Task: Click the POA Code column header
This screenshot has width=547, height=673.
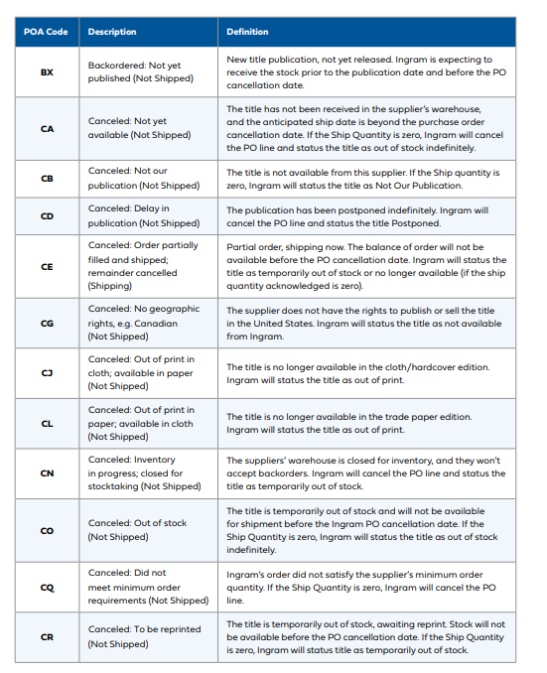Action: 46,32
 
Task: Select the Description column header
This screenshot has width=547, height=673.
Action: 112,32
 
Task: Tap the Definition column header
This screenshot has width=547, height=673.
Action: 247,32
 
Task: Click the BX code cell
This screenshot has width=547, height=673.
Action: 47,72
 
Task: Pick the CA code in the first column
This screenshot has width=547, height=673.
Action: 47,128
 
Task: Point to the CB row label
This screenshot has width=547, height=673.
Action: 47,179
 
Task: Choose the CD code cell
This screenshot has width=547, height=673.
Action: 47,216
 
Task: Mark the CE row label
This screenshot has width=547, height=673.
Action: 47,267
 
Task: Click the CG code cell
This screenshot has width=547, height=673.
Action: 47,324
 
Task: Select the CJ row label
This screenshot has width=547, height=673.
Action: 47,373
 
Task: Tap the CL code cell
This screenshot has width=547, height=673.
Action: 47,424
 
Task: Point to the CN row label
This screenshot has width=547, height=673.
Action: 47,473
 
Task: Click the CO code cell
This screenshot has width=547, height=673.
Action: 47,530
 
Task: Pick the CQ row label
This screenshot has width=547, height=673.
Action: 47,587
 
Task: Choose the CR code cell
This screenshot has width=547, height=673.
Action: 47,636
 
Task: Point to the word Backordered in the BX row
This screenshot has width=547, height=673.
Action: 116,66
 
